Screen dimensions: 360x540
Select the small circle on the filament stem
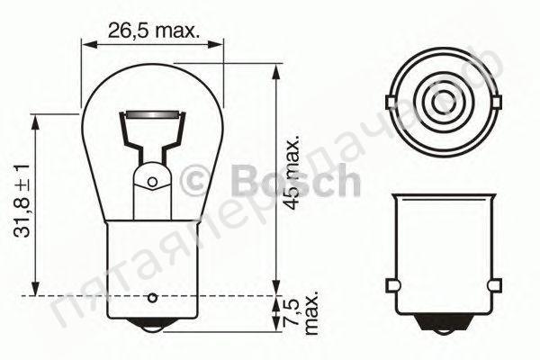click(152, 182)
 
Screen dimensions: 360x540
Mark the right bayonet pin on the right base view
click(492, 286)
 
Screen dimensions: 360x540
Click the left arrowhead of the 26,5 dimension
click(86, 40)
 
